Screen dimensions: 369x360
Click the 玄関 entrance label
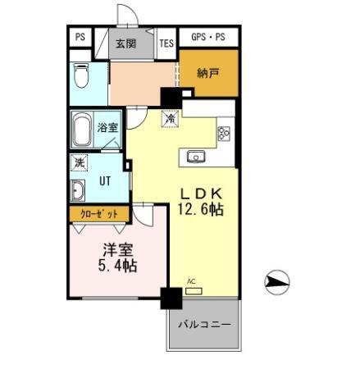point(125,43)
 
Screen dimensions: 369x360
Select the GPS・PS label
point(208,38)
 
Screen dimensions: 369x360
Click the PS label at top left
point(80,37)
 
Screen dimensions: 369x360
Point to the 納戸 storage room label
point(208,74)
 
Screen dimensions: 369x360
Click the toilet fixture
point(81,76)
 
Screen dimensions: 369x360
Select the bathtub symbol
point(82,129)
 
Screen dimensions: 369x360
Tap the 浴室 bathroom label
point(107,127)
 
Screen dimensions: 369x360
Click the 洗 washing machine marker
point(79,162)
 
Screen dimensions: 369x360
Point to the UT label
point(106,181)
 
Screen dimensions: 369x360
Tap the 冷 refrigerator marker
point(171,119)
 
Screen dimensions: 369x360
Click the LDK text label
point(200,193)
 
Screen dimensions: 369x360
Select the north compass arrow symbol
point(278,284)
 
